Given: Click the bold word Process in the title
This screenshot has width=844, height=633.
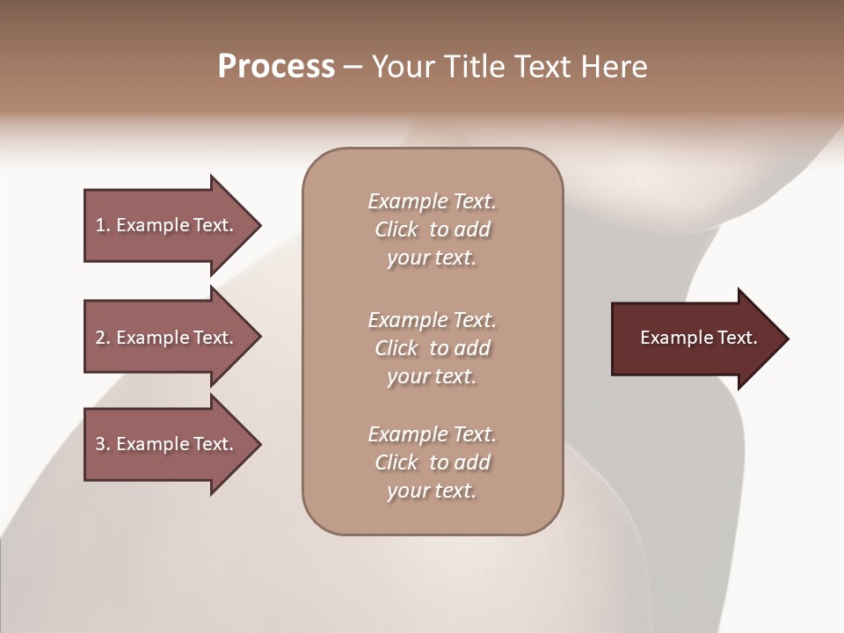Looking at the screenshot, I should (x=276, y=67).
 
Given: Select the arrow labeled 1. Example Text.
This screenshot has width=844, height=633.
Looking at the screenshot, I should (x=164, y=225).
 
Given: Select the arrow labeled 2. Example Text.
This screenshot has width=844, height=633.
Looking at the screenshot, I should (x=164, y=338).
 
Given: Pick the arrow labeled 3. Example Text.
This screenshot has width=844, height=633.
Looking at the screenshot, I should (x=164, y=444).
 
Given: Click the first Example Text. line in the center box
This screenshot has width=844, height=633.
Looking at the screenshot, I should (x=432, y=201).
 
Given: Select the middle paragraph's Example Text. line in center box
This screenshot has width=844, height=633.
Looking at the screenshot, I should (x=432, y=319).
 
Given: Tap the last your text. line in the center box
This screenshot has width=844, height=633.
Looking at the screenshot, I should (x=432, y=491).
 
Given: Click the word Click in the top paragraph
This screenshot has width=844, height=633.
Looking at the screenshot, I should (x=396, y=229).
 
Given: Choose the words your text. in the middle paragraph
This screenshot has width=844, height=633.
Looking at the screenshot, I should (x=432, y=376).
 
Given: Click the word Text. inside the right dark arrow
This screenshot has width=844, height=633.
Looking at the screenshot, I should (x=737, y=338).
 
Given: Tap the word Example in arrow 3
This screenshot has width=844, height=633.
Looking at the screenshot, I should (x=153, y=444).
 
